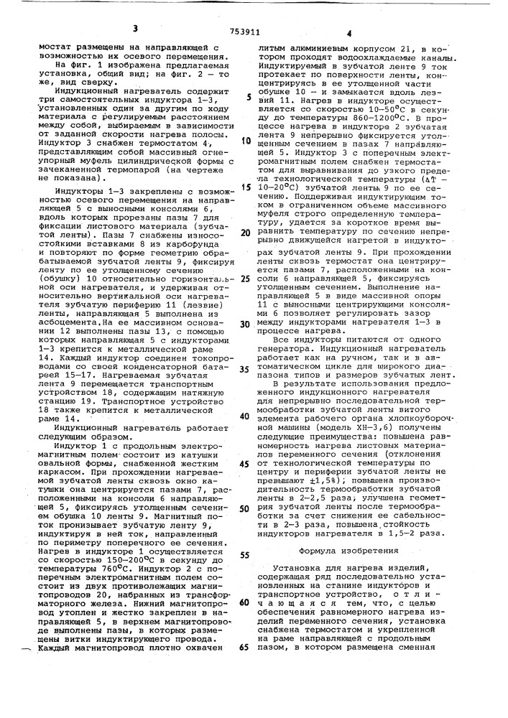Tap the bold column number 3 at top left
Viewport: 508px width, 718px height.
134,28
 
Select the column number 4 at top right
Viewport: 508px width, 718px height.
348,32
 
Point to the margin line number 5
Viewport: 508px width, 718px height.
248,96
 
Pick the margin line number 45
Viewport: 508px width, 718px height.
246,462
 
